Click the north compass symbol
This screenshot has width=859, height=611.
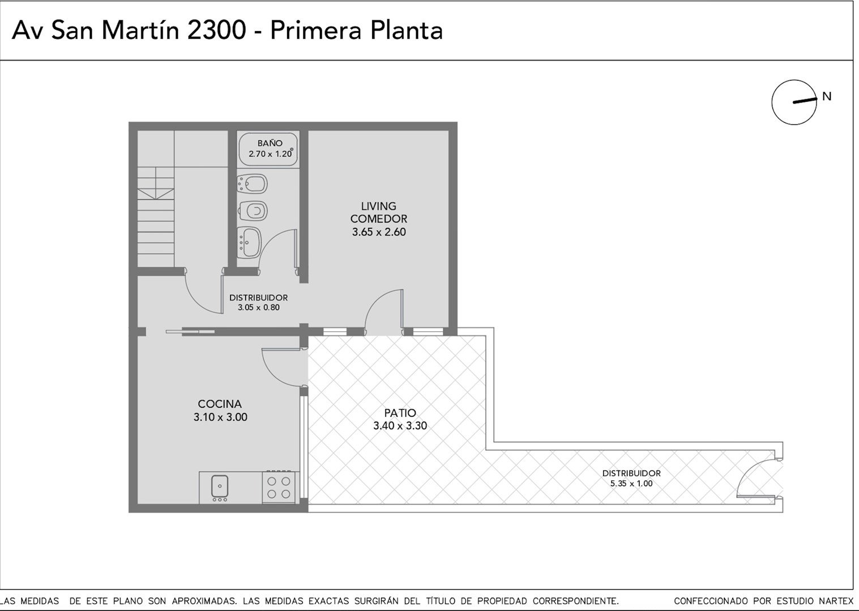tap(794, 102)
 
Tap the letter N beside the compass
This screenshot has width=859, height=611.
tap(827, 96)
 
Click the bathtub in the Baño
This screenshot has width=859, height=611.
tap(268, 149)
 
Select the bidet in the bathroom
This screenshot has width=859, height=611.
tap(252, 184)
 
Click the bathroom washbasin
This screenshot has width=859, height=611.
tap(249, 242)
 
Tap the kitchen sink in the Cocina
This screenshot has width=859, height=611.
tap(220, 487)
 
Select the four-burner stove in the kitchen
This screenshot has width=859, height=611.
tap(279, 487)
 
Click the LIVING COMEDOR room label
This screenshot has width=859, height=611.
tap(378, 212)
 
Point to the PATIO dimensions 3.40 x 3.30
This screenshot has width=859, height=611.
tap(400, 425)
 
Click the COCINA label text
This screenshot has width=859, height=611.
tap(220, 404)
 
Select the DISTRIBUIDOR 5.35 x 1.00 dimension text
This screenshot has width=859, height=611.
tap(631, 483)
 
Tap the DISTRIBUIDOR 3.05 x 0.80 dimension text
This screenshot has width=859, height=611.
tap(258, 307)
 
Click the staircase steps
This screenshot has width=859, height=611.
tap(156, 217)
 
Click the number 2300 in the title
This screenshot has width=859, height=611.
tap(216, 31)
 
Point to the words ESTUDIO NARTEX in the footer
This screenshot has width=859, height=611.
tap(815, 601)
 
